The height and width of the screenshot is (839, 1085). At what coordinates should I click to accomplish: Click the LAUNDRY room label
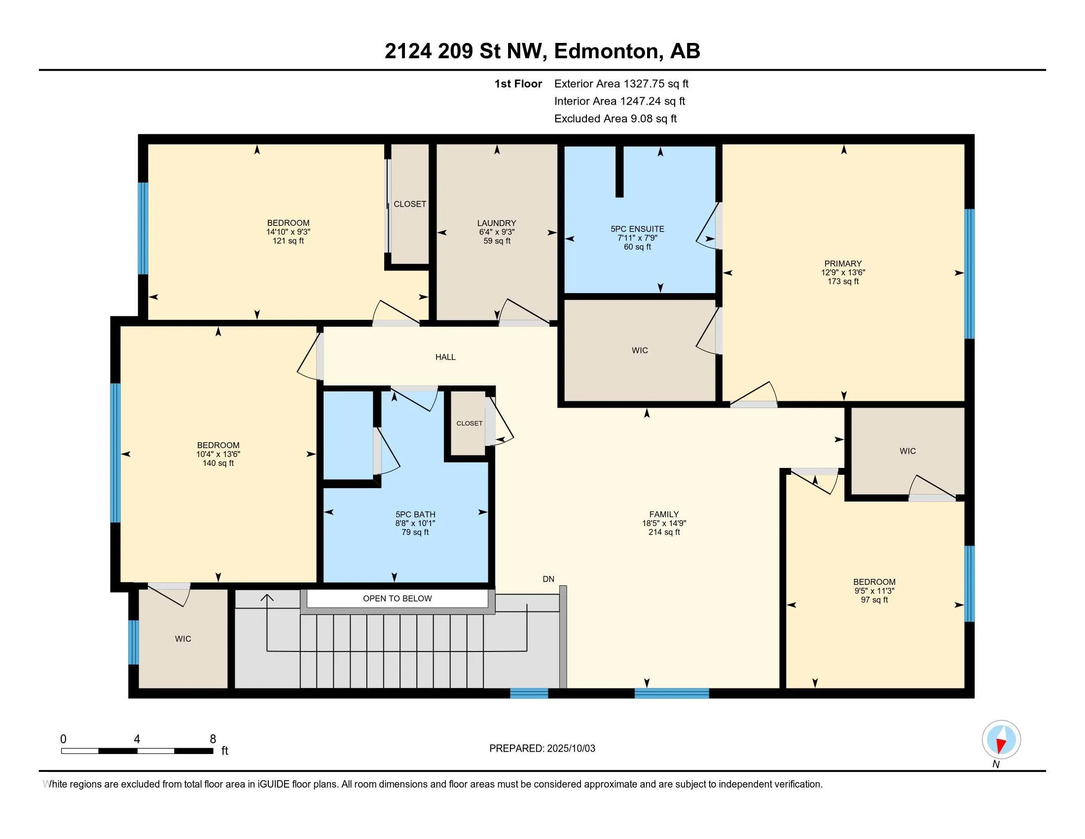pos(497,223)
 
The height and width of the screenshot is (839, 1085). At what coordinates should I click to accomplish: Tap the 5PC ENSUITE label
pos(637,229)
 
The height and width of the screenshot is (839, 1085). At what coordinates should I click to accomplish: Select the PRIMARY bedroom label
pos(843,264)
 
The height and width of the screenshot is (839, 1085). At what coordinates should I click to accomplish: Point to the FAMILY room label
pos(664,514)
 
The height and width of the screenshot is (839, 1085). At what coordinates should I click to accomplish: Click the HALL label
pos(445,357)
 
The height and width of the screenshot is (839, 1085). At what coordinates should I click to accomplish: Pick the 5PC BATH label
pos(415,514)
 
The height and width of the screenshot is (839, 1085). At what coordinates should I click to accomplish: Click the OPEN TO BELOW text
pos(398,599)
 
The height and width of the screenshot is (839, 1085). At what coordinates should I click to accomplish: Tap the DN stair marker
pos(548,579)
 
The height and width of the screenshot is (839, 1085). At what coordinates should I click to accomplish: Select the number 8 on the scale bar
pos(213,739)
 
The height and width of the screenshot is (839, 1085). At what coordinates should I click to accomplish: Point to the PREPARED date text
pos(542,749)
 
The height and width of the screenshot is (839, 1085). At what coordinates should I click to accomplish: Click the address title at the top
pos(542,51)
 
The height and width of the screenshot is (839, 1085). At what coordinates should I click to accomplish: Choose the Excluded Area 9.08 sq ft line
pos(615,119)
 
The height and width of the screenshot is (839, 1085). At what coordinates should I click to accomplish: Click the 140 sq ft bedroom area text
pos(218,463)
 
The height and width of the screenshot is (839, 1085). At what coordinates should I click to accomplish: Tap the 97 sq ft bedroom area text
pos(874,600)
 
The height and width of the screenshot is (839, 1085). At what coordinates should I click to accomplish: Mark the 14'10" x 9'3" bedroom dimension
pos(288,232)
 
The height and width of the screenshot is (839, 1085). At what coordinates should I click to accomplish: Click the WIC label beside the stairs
pos(183,639)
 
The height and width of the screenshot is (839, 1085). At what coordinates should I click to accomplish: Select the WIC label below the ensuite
pos(640,350)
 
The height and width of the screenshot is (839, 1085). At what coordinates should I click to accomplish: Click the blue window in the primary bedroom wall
pos(969,274)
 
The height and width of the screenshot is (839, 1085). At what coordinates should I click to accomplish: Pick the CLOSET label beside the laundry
pos(410,204)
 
